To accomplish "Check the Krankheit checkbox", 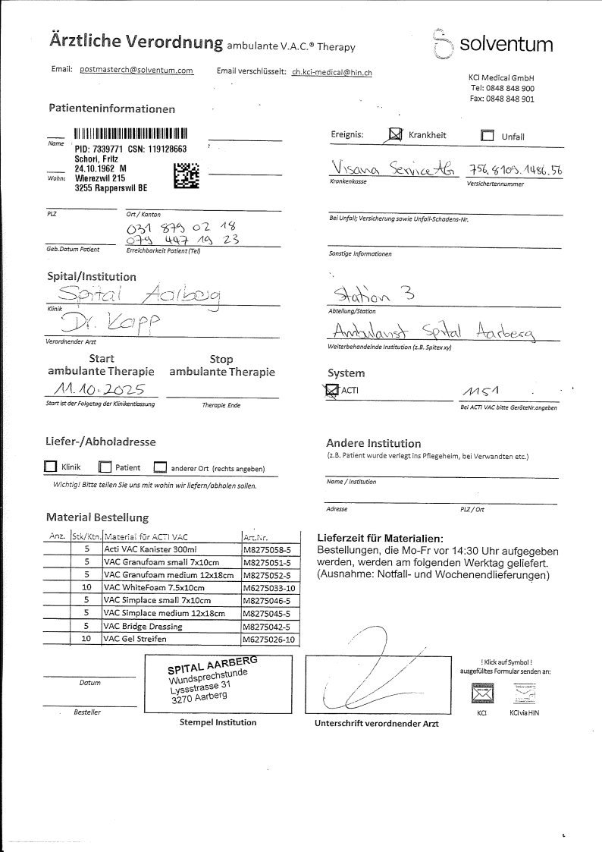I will coord(394,135).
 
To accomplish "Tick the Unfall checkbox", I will coord(488,137).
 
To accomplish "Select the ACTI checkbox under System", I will coord(330,391).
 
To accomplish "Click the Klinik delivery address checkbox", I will coord(51,467).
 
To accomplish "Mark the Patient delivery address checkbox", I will coord(105,468).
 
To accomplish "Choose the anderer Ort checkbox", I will coord(160,468).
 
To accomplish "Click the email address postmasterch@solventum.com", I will coord(136,70).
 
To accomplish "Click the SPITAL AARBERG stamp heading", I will coord(212,665).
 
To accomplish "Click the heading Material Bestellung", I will coord(97,517).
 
